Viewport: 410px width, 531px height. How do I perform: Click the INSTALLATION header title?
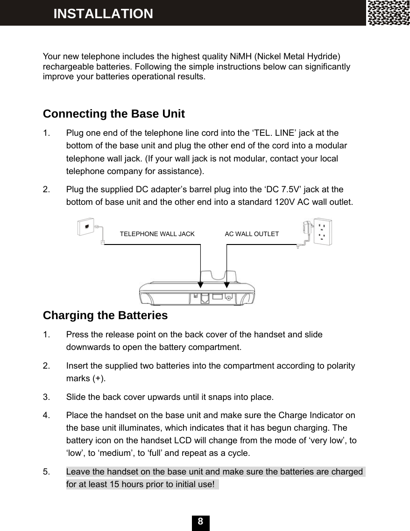pyautogui.click(x=103, y=14)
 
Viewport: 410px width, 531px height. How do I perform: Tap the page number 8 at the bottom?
pyautogui.click(x=200, y=522)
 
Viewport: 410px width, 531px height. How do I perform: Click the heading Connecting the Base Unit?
pyautogui.click(x=113, y=114)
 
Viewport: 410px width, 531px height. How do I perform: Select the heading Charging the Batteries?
pyautogui.click(x=105, y=315)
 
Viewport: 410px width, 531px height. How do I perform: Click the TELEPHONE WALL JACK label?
pyautogui.click(x=157, y=234)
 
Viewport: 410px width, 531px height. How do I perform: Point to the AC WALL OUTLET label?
pyautogui.click(x=252, y=234)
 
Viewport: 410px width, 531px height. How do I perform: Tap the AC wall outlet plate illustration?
pyautogui.click(x=323, y=231)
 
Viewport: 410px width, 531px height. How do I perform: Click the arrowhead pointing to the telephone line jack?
pyautogui.click(x=200, y=284)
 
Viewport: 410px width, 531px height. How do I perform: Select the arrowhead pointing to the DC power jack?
pyautogui.click(x=227, y=284)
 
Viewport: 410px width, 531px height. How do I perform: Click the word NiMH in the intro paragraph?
pyautogui.click(x=241, y=57)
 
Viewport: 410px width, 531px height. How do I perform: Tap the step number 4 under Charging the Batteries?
pyautogui.click(x=45, y=415)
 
